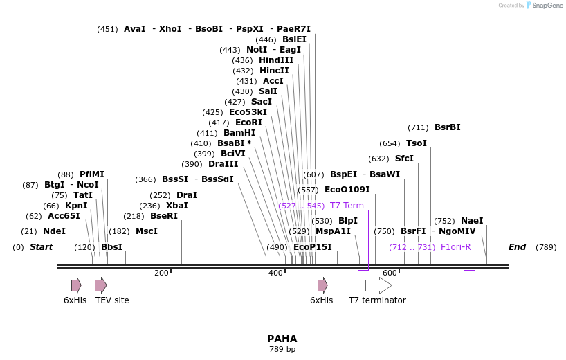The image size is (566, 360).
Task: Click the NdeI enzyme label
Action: (x=54, y=231)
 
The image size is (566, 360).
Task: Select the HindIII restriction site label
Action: (x=276, y=60)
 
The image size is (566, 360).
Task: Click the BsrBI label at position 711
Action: (x=447, y=127)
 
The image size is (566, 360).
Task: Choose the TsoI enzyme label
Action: (x=417, y=143)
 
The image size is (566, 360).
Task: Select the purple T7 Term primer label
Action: (x=347, y=206)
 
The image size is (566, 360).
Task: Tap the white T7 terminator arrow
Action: (x=378, y=285)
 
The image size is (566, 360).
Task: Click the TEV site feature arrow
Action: (x=101, y=285)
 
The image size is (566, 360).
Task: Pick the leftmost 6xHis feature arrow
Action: (x=76, y=285)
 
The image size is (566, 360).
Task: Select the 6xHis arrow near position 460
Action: (x=322, y=285)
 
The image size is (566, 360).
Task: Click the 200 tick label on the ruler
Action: (x=161, y=273)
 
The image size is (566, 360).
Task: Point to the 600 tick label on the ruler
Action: (x=389, y=273)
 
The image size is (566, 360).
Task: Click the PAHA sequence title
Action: (x=282, y=339)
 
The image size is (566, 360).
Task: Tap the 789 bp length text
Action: (x=282, y=350)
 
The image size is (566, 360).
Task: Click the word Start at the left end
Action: (x=41, y=247)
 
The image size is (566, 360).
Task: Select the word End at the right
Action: (x=517, y=247)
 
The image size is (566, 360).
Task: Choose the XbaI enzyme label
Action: (x=177, y=206)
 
